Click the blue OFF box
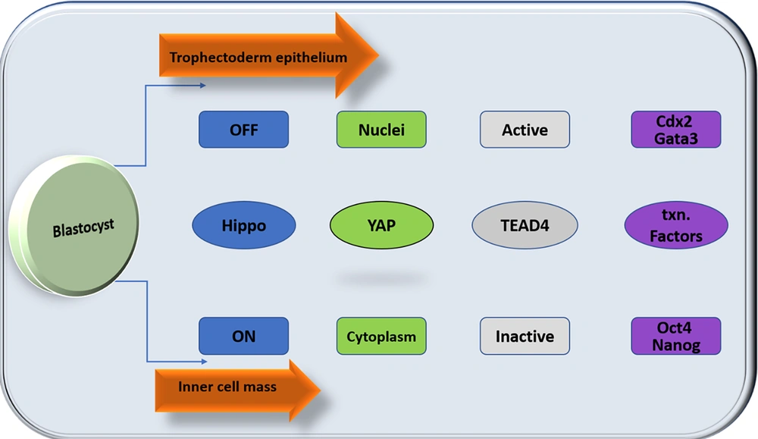(x=243, y=130)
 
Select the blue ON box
(x=243, y=336)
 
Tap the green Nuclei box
(x=381, y=130)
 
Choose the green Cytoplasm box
(x=381, y=336)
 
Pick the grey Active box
(x=525, y=130)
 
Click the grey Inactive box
(x=525, y=336)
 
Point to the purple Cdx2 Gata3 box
(x=676, y=130)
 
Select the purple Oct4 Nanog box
(x=676, y=336)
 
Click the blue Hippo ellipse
(x=243, y=225)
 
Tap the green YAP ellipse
(x=381, y=225)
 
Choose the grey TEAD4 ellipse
(x=525, y=225)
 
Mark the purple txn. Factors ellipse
(x=676, y=225)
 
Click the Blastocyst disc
(x=77, y=226)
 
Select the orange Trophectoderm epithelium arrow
(x=269, y=56)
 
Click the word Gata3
(x=676, y=139)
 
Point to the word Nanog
(x=676, y=345)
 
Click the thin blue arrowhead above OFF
(x=202, y=86)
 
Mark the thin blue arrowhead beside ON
(x=204, y=361)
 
